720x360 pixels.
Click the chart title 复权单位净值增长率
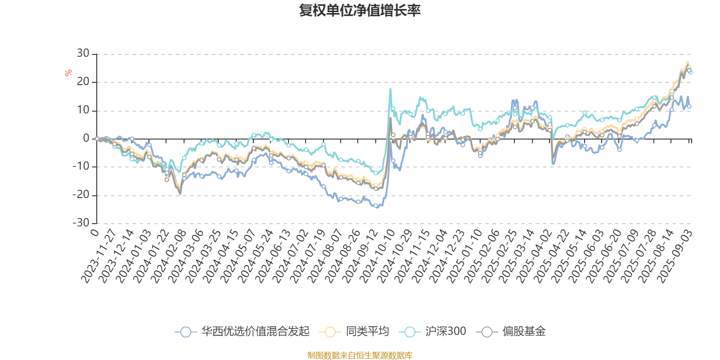pos(360,10)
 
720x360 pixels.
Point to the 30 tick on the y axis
pos(83,54)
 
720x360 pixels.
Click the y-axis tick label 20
pos(83,82)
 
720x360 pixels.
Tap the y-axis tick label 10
pos(83,110)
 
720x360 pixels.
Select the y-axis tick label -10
pos(81,167)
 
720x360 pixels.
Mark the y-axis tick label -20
pos(81,195)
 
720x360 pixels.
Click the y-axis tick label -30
pos(81,223)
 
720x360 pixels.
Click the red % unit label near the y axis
pos(68,73)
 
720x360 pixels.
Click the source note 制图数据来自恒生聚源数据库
pos(360,355)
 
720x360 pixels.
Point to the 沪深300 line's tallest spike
pos(390,89)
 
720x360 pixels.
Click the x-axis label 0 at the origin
pos(94,232)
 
